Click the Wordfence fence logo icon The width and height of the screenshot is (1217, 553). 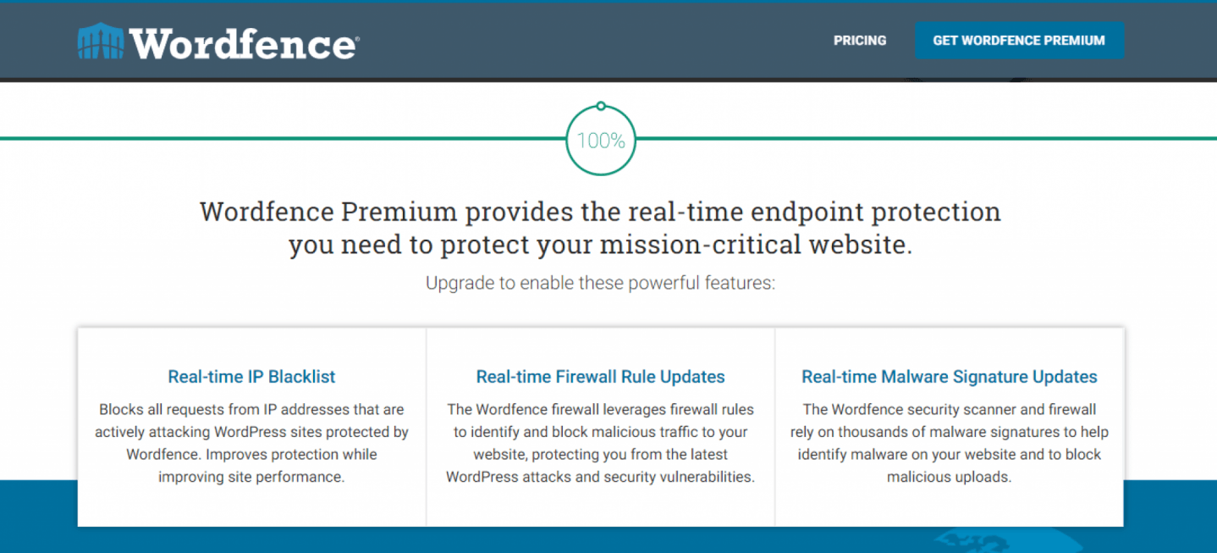click(101, 41)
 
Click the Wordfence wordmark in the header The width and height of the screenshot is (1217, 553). click(244, 43)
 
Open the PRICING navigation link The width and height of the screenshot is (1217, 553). click(860, 41)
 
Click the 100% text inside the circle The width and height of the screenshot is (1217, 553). click(601, 141)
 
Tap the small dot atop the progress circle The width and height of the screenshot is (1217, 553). click(601, 106)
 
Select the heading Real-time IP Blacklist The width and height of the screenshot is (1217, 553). click(251, 376)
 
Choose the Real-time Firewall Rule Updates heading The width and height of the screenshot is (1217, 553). click(600, 376)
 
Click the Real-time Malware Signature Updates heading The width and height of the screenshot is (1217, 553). click(950, 376)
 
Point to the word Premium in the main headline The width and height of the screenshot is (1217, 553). click(399, 212)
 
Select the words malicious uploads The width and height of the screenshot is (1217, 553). click(950, 477)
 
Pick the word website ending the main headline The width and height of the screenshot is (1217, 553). click(861, 244)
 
